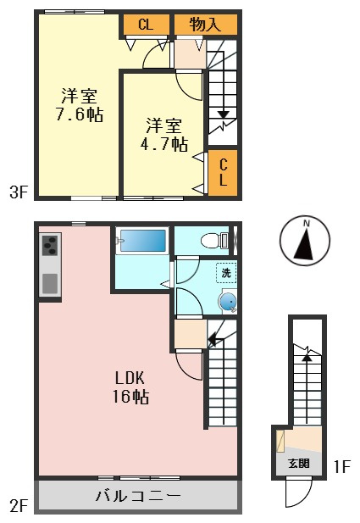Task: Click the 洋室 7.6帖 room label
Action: tap(79, 105)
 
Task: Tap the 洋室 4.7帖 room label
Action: tap(163, 135)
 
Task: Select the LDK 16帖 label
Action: tap(130, 387)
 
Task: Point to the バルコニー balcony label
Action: tap(138, 496)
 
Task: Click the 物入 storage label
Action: tap(205, 25)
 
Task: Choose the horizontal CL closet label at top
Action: tap(146, 25)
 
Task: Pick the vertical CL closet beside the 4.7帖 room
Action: tap(223, 172)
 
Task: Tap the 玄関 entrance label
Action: tap(299, 464)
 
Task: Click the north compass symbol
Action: tap(305, 241)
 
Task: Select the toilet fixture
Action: tap(214, 240)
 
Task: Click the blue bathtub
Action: tap(142, 241)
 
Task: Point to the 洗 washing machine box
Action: tap(226, 273)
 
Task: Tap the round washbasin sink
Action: tap(228, 301)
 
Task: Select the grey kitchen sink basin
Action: tap(50, 283)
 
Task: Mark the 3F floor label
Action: tap(19, 192)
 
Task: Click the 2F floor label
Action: tap(19, 506)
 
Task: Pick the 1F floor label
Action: tap(341, 466)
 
